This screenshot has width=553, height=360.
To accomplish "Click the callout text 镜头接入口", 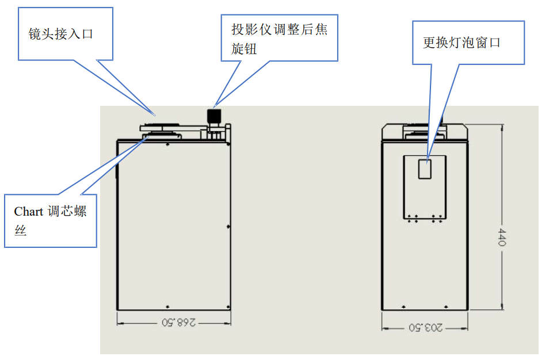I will click(x=60, y=34).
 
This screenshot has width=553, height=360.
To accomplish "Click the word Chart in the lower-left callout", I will click(x=29, y=212).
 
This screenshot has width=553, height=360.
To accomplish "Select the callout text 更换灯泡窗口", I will click(x=462, y=43).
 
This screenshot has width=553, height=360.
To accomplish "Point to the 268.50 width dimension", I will click(x=174, y=323).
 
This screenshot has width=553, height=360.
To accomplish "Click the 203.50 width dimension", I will click(x=425, y=327).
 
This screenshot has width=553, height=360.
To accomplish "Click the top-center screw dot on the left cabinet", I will click(x=167, y=145).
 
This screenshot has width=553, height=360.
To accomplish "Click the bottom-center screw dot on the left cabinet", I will click(x=167, y=306).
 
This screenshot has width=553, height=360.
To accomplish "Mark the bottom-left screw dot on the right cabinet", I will click(x=403, y=306).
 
